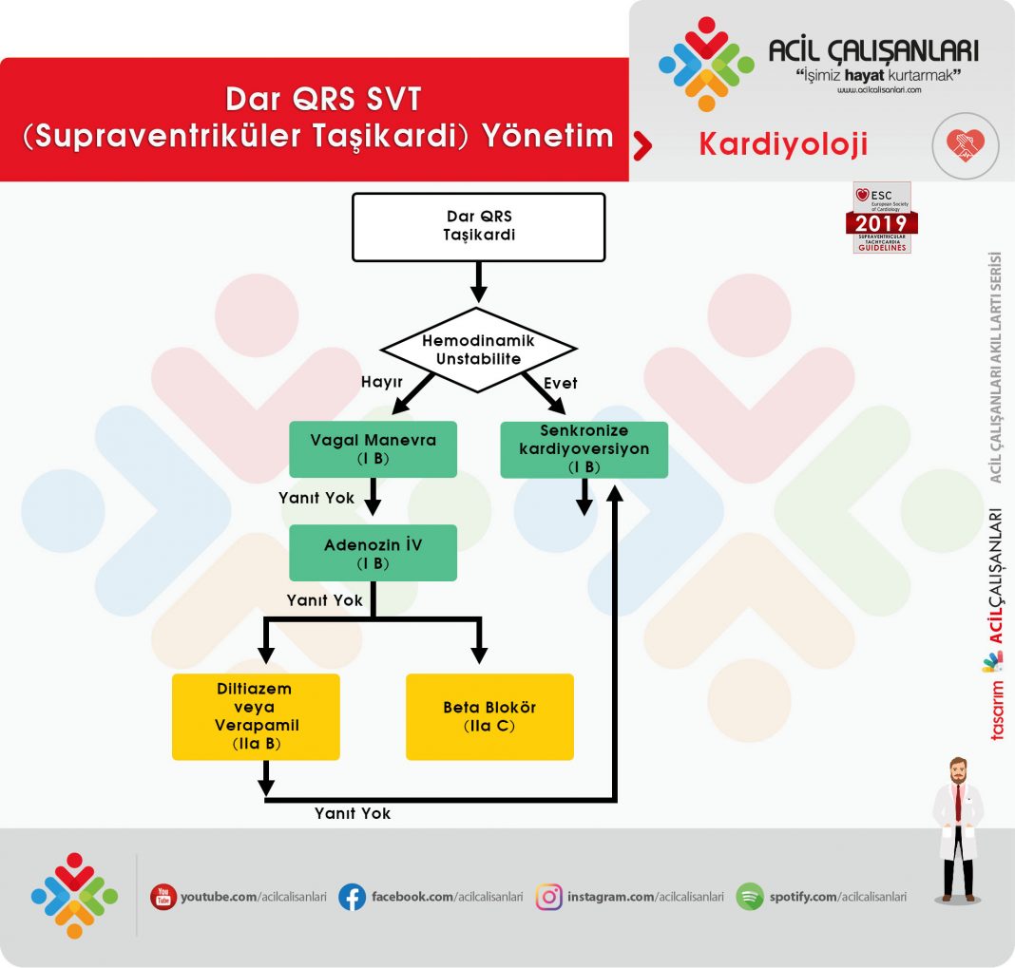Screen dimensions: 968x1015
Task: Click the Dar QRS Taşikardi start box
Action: [478, 227]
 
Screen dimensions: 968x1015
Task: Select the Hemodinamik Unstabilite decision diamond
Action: [479, 349]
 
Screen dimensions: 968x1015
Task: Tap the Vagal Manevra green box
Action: [373, 449]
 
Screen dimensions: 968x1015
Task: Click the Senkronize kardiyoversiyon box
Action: [584, 449]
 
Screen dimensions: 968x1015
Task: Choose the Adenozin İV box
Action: [373, 553]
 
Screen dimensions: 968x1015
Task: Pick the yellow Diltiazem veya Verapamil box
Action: [255, 716]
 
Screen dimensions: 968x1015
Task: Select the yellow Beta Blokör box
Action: [489, 716]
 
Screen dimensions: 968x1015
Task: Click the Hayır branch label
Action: [384, 382]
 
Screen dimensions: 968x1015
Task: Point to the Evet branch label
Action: [560, 383]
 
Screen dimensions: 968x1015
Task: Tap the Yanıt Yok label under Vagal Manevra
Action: [316, 498]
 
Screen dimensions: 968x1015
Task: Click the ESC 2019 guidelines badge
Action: [882, 218]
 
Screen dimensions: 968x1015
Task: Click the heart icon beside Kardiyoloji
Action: [965, 144]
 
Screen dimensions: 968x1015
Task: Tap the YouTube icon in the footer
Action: [163, 897]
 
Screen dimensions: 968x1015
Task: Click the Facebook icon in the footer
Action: [352, 897]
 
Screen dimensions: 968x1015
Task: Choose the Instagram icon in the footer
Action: [548, 897]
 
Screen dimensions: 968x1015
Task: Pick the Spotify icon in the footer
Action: [750, 897]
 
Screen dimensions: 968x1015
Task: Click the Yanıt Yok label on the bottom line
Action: [353, 814]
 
